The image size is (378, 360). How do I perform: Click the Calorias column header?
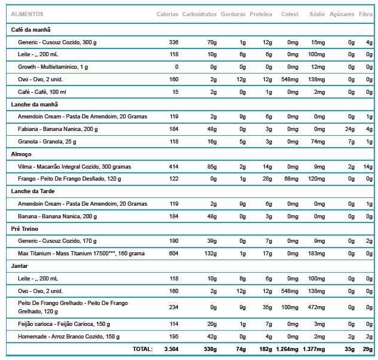click(167, 14)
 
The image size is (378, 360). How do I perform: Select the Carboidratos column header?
click(199, 14)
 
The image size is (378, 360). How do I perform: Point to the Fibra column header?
click(365, 14)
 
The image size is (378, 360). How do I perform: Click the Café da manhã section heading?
click(31, 29)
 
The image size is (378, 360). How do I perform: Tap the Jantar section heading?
click(20, 265)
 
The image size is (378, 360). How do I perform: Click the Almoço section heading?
click(22, 154)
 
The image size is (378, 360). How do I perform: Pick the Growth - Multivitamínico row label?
click(53, 67)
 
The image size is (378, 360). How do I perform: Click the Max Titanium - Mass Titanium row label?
click(81, 254)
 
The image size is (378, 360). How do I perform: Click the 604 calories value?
click(173, 254)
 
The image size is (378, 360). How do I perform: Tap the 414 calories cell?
click(173, 166)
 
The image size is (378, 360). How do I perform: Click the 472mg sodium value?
click(316, 307)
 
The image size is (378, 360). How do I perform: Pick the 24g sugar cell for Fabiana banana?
click(350, 129)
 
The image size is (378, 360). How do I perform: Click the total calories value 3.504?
click(171, 349)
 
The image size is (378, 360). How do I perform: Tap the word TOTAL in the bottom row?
click(142, 349)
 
